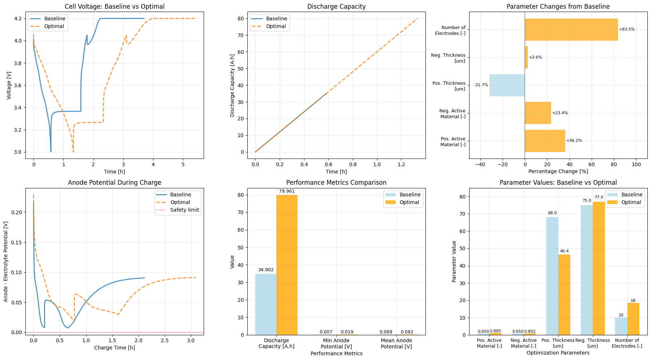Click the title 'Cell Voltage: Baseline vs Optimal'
pyautogui.click(x=115, y=7)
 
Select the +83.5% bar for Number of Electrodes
pyautogui.click(x=571, y=29)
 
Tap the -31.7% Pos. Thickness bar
pyautogui.click(x=507, y=85)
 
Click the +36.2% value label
pyautogui.click(x=574, y=141)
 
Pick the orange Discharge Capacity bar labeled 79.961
pyautogui.click(x=287, y=265)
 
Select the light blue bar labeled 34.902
pyautogui.click(x=266, y=304)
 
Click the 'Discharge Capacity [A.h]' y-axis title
pyautogui.click(x=232, y=85)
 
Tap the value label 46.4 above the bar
pyautogui.click(x=564, y=251)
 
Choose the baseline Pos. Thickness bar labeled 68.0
pyautogui.click(x=552, y=276)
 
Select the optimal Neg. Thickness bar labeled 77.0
pyautogui.click(x=599, y=268)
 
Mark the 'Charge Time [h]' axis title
pyautogui.click(x=115, y=348)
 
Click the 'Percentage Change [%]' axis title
pyautogui.click(x=558, y=171)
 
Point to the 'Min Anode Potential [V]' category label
pyautogui.click(x=336, y=343)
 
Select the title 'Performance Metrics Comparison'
pyautogui.click(x=336, y=183)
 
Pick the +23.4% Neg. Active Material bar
pyautogui.click(x=538, y=113)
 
